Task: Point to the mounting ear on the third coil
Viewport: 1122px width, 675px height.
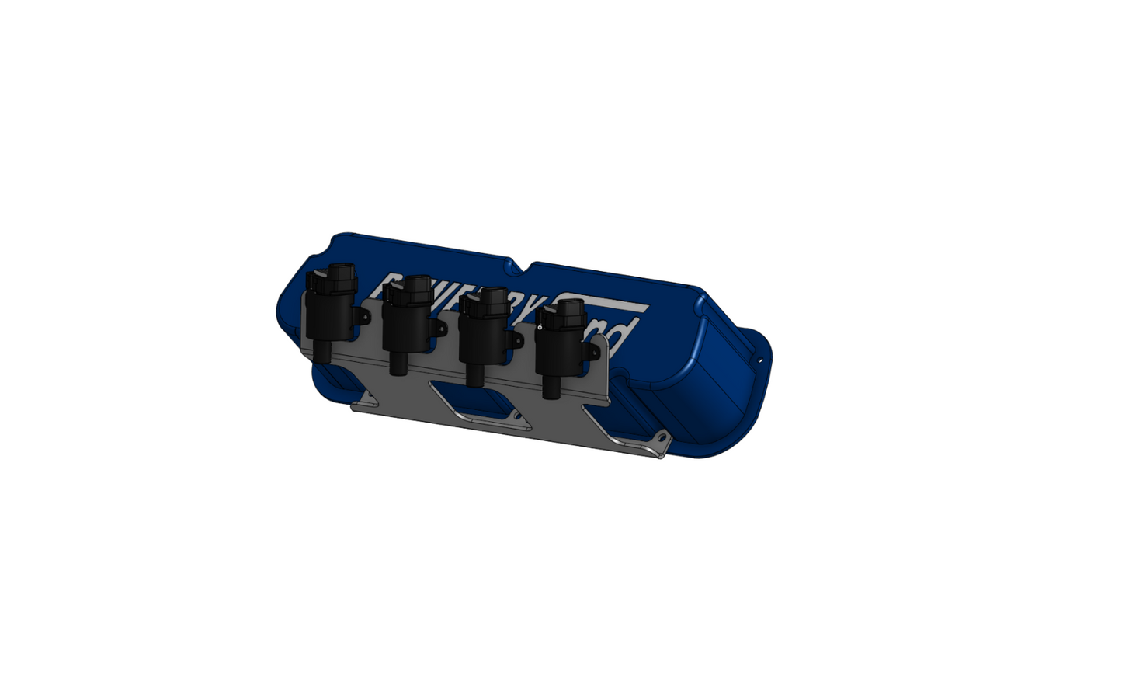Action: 516,340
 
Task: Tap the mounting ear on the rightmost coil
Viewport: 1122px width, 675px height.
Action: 593,353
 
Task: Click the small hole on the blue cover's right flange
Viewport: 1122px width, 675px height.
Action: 761,360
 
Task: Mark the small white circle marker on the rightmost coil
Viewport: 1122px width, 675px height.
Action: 539,329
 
